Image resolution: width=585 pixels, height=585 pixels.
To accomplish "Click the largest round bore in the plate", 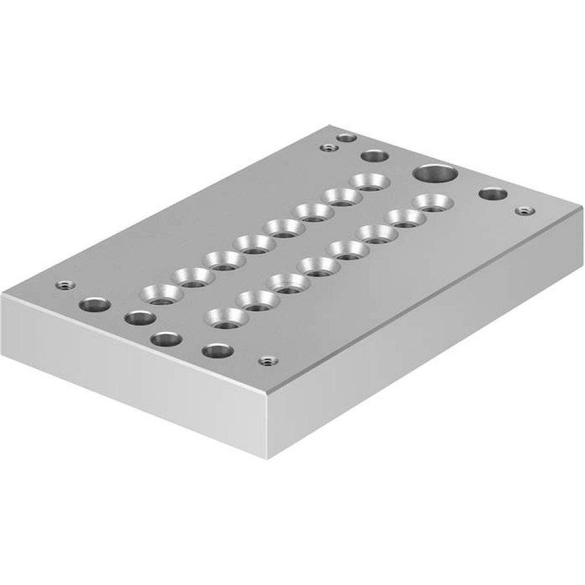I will (x=435, y=173).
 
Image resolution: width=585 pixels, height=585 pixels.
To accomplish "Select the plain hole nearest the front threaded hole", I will (x=217, y=351).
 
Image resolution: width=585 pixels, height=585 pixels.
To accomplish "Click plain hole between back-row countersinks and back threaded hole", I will (x=375, y=156).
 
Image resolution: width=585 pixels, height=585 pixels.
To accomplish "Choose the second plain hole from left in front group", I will (x=140, y=318).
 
